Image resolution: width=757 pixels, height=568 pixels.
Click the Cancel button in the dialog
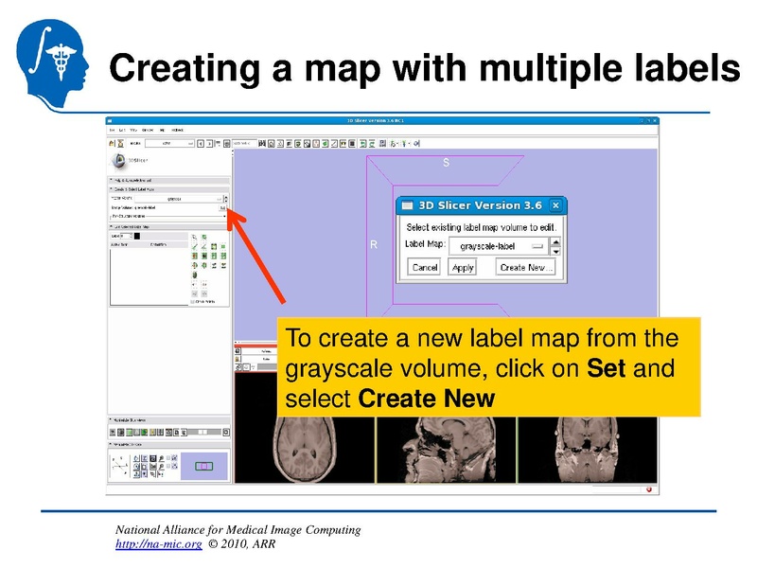pyautogui.click(x=425, y=267)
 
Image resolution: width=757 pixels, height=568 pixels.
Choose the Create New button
pyautogui.click(x=526, y=267)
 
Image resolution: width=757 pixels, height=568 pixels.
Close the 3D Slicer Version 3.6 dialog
pyautogui.click(x=555, y=205)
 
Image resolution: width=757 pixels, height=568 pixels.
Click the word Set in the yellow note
pyautogui.click(x=607, y=368)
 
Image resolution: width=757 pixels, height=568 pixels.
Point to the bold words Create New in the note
pyautogui.click(x=427, y=398)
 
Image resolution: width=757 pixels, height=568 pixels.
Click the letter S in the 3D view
pyautogui.click(x=447, y=163)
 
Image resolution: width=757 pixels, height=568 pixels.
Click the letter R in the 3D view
pyautogui.click(x=374, y=244)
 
